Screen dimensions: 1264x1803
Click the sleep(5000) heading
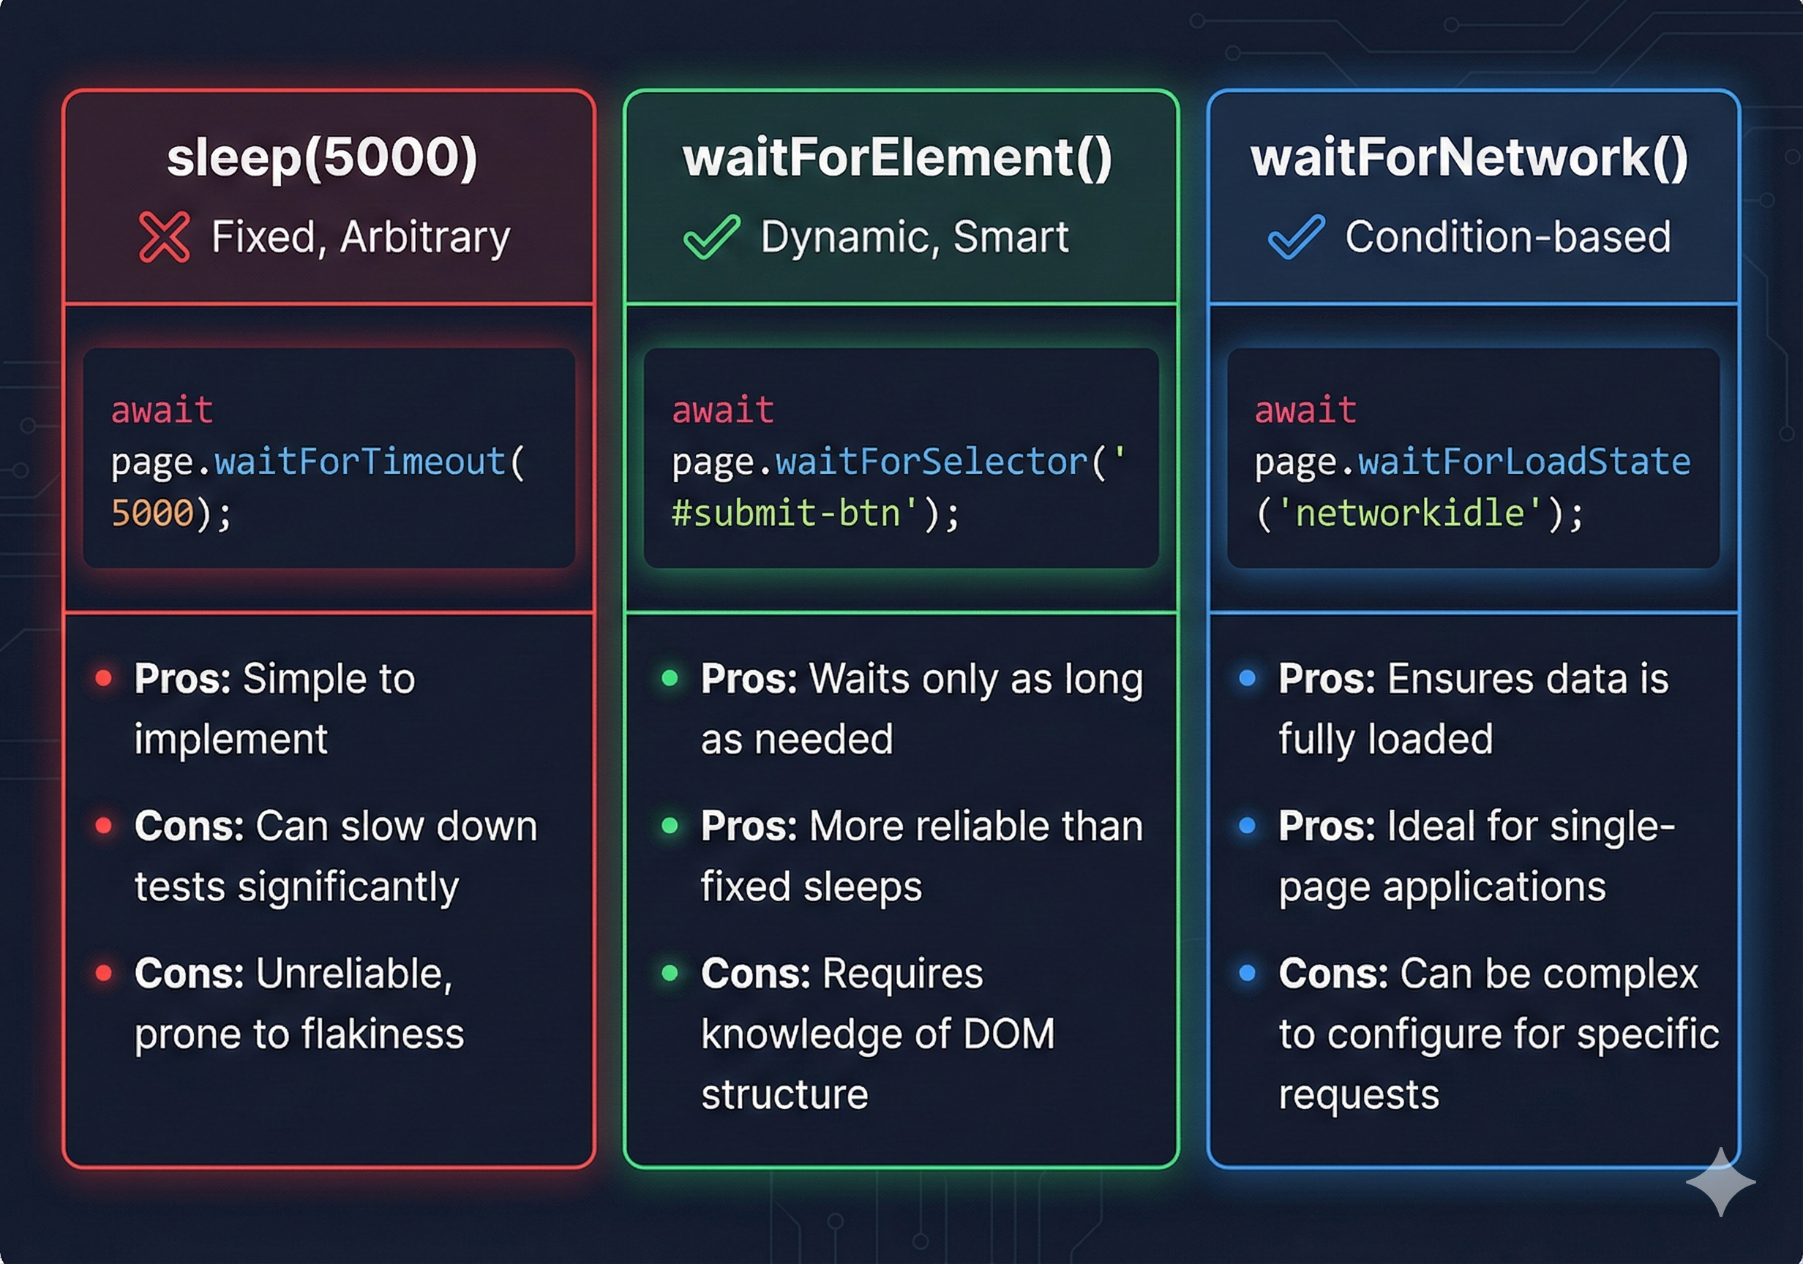point(322,157)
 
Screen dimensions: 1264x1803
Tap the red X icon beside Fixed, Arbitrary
point(164,236)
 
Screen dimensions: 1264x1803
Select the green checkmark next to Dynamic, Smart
point(711,236)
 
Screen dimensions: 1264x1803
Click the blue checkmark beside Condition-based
point(1297,236)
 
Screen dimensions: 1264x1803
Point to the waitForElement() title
point(898,157)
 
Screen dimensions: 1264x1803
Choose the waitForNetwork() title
point(1469,157)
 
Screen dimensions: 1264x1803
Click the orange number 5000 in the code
point(152,513)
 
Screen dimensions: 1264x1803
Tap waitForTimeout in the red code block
point(361,462)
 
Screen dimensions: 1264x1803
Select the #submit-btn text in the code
point(786,513)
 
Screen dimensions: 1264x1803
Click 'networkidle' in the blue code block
point(1410,513)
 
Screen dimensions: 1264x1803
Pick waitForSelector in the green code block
point(932,462)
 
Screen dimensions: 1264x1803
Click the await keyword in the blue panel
point(1305,410)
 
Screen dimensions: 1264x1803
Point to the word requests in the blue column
point(1359,1094)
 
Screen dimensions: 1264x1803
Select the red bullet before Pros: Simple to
point(104,678)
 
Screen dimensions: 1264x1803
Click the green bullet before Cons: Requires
point(670,974)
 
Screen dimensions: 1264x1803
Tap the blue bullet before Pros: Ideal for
point(1247,826)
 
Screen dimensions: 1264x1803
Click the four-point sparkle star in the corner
point(1720,1181)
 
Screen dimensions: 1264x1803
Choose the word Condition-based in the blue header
point(1507,236)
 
